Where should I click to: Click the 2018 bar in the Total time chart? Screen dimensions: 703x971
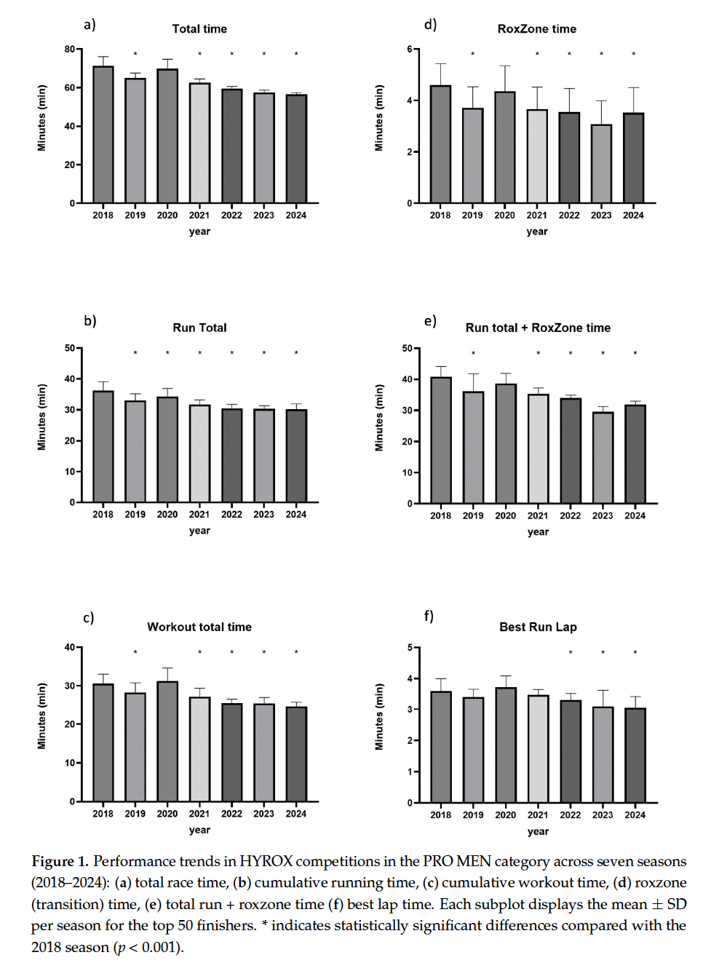[x=103, y=135]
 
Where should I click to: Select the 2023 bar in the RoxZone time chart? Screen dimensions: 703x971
[x=601, y=164]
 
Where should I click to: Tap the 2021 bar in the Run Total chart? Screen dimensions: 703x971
[x=199, y=453]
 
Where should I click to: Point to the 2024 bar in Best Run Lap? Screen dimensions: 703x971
[x=635, y=756]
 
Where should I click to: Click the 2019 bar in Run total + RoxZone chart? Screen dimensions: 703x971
[x=473, y=448]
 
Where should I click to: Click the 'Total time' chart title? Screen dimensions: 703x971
[x=199, y=29]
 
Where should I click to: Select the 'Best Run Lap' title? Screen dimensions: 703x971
[x=538, y=627]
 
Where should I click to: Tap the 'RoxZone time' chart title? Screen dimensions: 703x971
[x=537, y=29]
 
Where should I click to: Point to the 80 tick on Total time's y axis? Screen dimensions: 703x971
[x=69, y=49]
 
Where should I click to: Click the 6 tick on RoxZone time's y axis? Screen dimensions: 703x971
[x=410, y=49]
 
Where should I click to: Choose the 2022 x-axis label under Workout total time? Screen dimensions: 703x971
[x=231, y=814]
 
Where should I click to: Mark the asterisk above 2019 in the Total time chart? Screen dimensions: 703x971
[x=135, y=54]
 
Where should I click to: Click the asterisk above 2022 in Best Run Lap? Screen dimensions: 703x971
[x=571, y=652]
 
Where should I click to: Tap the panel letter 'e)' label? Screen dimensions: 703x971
[x=430, y=321]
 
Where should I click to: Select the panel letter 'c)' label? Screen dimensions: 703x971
[x=88, y=618]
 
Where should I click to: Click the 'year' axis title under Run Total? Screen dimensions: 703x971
[x=199, y=531]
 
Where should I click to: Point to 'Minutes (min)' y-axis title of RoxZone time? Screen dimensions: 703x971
[x=379, y=118]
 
